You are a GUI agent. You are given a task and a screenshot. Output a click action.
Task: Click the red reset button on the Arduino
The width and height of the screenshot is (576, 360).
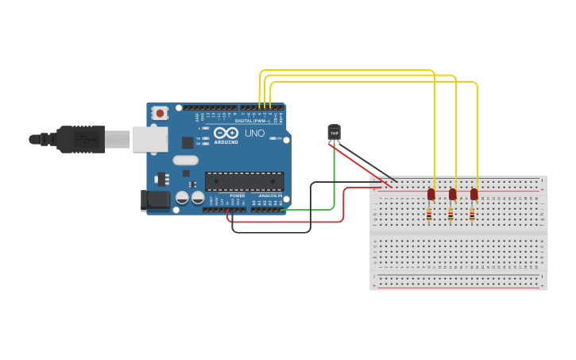(x=160, y=114)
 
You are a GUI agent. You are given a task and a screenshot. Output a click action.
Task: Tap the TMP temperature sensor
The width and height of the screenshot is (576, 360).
(x=334, y=133)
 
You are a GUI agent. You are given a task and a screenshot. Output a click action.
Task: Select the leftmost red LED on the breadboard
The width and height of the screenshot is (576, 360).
(x=431, y=194)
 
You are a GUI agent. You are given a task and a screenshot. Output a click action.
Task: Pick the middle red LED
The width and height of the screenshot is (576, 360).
(x=452, y=194)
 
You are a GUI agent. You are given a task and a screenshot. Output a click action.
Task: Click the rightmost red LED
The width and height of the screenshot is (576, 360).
(x=474, y=194)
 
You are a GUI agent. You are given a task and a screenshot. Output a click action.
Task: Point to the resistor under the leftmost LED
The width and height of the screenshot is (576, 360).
(x=430, y=214)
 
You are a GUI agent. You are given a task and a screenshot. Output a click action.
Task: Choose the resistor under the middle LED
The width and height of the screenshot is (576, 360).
(x=451, y=214)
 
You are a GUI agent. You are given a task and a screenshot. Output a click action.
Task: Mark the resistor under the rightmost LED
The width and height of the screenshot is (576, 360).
(x=473, y=214)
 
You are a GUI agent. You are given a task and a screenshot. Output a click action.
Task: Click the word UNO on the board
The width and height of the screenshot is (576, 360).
(x=254, y=134)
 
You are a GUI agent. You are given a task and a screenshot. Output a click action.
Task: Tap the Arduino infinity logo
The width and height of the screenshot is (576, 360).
(x=226, y=134)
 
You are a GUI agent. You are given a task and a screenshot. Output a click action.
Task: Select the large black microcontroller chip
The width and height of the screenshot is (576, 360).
(x=243, y=180)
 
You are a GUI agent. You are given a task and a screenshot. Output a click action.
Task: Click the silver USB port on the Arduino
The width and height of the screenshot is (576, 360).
(x=149, y=139)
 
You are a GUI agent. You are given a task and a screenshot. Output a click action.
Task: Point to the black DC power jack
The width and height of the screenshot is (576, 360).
(x=155, y=200)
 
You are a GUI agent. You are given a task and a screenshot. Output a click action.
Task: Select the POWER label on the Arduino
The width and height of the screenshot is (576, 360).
(x=237, y=195)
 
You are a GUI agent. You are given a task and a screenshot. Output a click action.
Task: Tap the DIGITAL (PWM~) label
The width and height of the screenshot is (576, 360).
(x=253, y=121)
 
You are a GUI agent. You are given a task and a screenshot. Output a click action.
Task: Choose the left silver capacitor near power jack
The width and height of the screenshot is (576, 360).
(x=182, y=197)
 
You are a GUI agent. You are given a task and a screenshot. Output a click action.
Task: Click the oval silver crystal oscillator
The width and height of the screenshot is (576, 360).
(x=186, y=172)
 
